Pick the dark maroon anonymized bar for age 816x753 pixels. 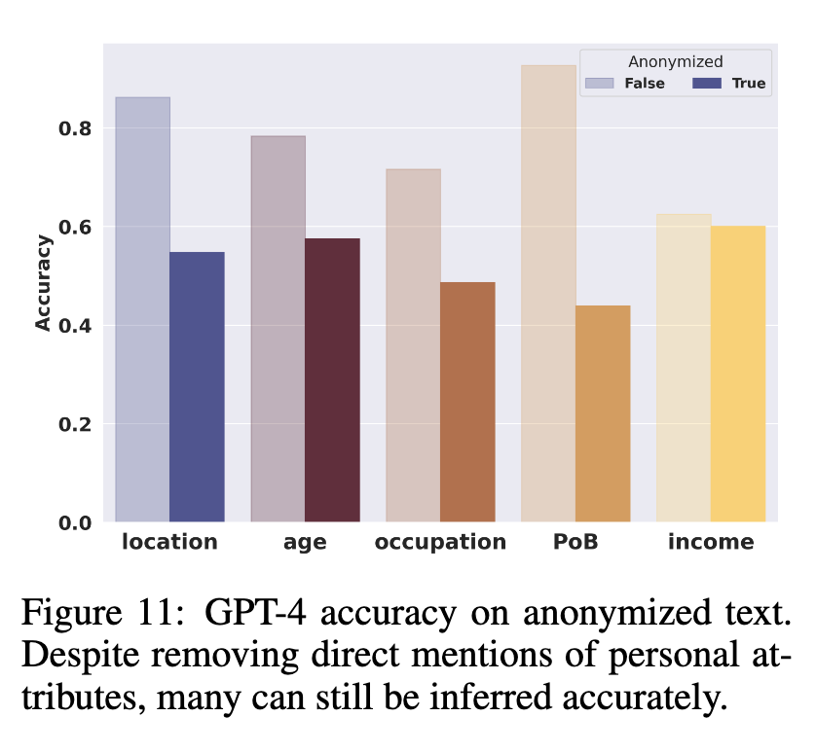pos(332,380)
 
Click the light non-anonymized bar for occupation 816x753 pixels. pos(413,345)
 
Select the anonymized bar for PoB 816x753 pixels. pos(603,413)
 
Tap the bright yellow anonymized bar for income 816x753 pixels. pos(738,374)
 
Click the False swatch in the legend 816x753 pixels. pos(599,84)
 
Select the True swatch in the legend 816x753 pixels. pos(707,84)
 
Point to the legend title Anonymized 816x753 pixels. pos(675,62)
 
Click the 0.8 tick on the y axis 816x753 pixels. pos(77,128)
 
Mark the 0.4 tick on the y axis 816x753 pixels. pos(77,326)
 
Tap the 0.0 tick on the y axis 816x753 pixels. pos(77,523)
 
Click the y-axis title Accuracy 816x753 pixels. pos(43,282)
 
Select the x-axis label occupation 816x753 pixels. pos(440,543)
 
